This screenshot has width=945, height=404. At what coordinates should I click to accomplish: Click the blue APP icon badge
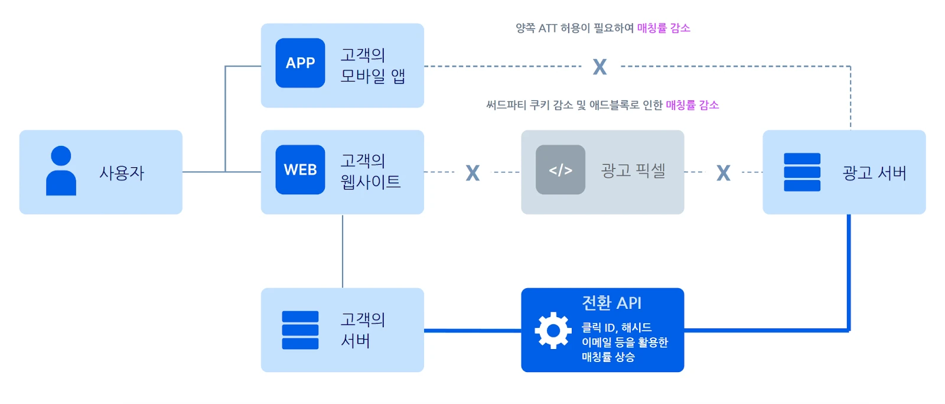pyautogui.click(x=300, y=63)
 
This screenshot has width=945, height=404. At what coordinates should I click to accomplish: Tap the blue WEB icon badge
pyautogui.click(x=300, y=170)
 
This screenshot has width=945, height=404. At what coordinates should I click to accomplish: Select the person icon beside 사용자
pyautogui.click(x=61, y=171)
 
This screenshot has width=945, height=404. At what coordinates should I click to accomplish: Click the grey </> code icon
pyautogui.click(x=560, y=170)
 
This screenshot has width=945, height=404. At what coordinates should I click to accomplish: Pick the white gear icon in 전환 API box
pyautogui.click(x=553, y=330)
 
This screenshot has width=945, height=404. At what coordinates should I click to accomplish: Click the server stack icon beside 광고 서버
pyautogui.click(x=801, y=172)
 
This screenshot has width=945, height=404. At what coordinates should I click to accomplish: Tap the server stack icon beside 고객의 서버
pyautogui.click(x=300, y=330)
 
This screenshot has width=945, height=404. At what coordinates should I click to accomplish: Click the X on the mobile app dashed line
pyautogui.click(x=599, y=67)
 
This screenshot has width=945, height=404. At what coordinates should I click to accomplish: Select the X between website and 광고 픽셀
pyautogui.click(x=472, y=172)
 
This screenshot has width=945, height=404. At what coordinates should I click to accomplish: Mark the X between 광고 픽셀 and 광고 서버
pyautogui.click(x=723, y=172)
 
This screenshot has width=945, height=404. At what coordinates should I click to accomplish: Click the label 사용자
pyautogui.click(x=122, y=173)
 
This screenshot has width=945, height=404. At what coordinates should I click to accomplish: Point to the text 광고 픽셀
pyautogui.click(x=633, y=171)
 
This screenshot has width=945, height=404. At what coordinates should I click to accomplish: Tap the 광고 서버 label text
pyautogui.click(x=874, y=173)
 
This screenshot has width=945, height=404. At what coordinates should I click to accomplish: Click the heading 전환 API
pyautogui.click(x=611, y=303)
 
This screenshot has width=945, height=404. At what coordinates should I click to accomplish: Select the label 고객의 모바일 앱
pyautogui.click(x=373, y=66)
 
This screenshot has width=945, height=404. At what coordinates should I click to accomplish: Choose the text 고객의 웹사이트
pyautogui.click(x=370, y=171)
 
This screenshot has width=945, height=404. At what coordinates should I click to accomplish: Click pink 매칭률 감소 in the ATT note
pyautogui.click(x=663, y=28)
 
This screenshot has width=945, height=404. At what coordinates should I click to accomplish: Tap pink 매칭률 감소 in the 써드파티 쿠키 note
pyautogui.click(x=692, y=105)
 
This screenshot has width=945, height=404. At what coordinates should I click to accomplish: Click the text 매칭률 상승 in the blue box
pyautogui.click(x=608, y=357)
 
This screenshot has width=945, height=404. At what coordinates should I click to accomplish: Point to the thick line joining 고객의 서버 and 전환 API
pyautogui.click(x=472, y=330)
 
